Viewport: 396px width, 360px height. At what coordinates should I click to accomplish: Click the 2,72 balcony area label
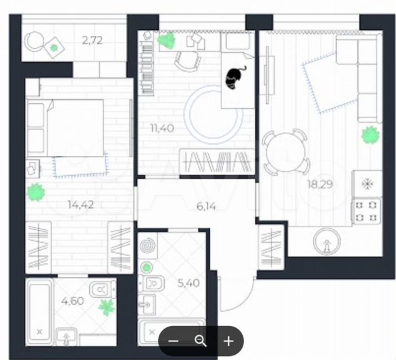point(92,41)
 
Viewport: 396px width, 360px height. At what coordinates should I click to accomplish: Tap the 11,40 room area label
point(163,128)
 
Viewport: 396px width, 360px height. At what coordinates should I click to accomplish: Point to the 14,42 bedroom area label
point(79,205)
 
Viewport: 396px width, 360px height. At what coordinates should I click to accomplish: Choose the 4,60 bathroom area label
point(72,300)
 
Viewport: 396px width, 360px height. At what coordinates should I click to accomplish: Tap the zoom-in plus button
point(228,341)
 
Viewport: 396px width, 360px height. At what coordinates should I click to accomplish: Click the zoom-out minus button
point(173,341)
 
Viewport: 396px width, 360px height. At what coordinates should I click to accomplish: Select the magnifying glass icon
point(200,341)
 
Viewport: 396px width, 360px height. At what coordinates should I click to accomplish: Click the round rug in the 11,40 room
point(214,113)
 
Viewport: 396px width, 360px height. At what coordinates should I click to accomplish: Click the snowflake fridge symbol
point(367,182)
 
